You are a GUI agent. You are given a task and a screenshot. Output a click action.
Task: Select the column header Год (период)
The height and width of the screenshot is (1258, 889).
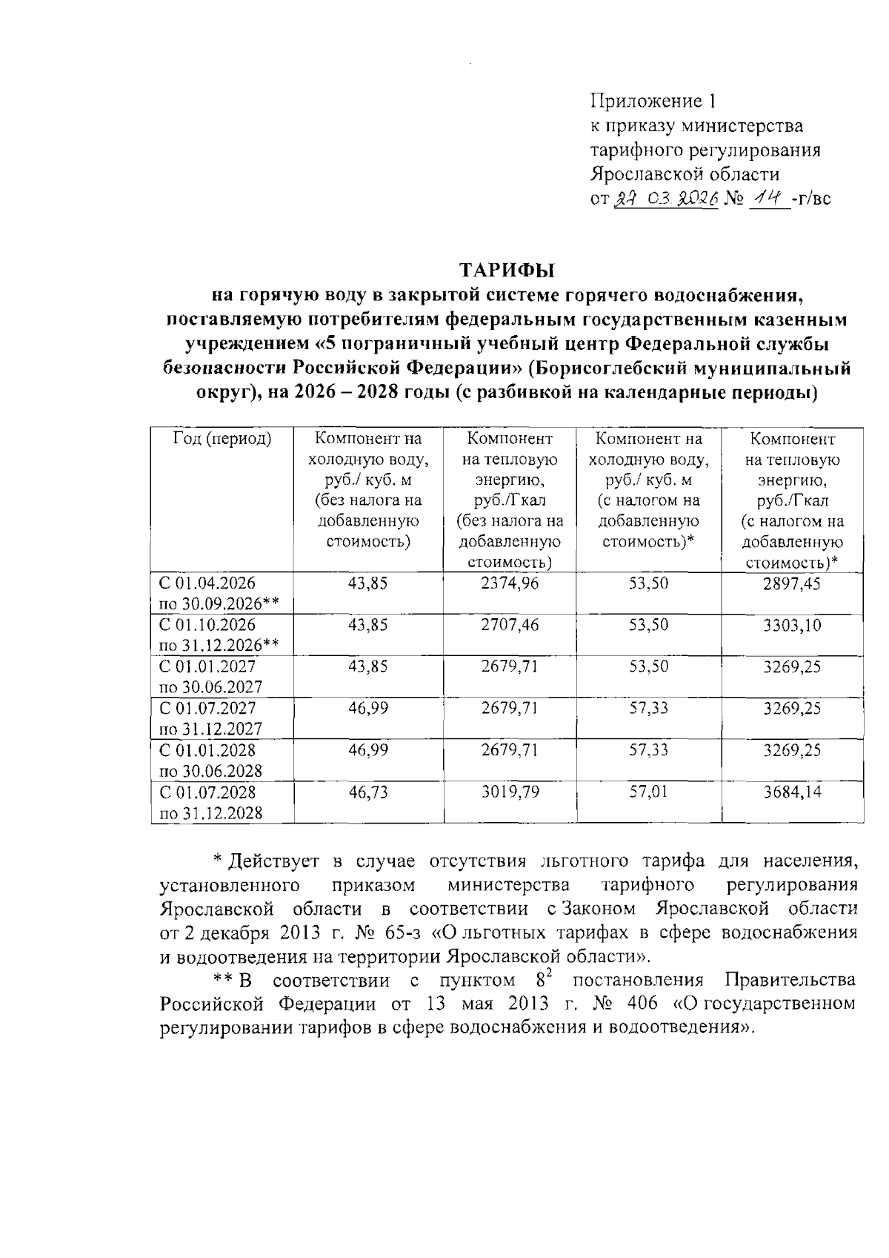click(x=222, y=439)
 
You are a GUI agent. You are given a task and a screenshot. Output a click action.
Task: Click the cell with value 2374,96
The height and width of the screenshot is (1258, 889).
click(x=510, y=583)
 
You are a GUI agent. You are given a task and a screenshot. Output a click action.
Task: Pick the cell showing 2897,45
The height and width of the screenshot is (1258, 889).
click(x=792, y=584)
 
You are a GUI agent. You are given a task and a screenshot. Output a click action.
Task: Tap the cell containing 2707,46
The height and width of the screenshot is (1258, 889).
click(x=510, y=625)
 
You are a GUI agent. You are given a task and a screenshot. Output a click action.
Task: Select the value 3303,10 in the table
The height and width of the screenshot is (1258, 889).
click(x=792, y=626)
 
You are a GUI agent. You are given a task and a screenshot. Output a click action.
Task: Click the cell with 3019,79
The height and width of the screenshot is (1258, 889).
click(x=510, y=792)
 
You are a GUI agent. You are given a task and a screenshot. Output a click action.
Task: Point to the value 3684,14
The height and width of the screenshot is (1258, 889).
click(x=792, y=792)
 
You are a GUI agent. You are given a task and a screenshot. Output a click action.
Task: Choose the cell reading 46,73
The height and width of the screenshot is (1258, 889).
click(x=368, y=792)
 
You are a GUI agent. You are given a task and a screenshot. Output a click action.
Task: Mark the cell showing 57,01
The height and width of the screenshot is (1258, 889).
click(x=648, y=792)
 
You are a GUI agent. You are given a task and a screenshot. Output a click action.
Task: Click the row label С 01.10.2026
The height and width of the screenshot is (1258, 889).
click(x=202, y=625)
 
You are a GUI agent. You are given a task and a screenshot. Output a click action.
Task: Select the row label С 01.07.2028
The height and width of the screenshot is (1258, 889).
click(x=202, y=792)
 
